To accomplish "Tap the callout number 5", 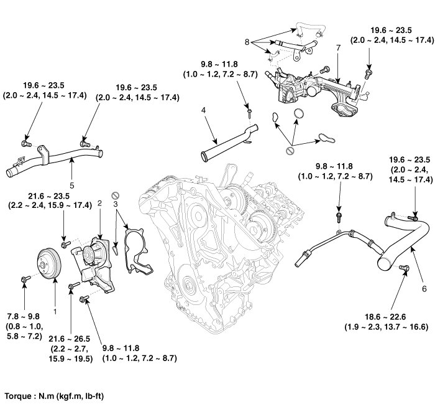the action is tap(72, 185).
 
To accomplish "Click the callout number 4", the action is tap(203, 110).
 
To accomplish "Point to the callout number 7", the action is tap(338, 48).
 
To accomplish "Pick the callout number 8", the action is tap(247, 42).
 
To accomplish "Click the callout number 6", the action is tap(424, 289).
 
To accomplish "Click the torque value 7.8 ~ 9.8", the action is tap(24, 316).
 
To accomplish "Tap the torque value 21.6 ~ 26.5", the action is tap(70, 339).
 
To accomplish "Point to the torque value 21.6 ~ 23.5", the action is tap(49, 196).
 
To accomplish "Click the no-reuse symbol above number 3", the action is tap(115, 195).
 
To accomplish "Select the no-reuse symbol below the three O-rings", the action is tap(290, 151).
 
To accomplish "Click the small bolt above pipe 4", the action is tap(250, 112).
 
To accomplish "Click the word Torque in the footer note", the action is tap(17, 396).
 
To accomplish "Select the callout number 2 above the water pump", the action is tap(99, 203).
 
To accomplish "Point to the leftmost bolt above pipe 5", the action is tap(26, 144).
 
